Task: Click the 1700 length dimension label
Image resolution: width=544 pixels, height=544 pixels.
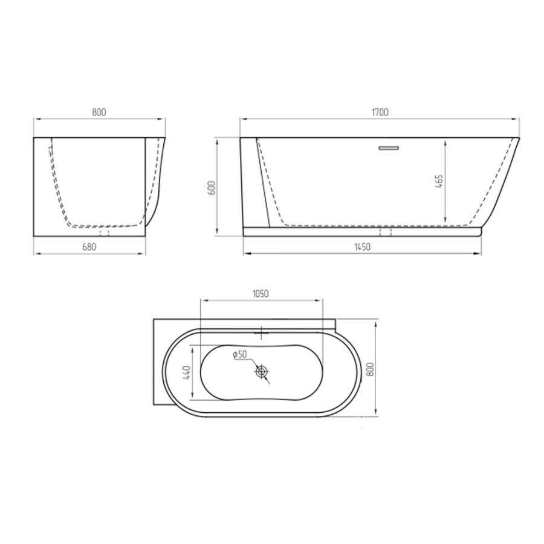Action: click(381, 112)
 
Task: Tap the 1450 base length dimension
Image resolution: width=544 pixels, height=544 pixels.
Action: click(362, 247)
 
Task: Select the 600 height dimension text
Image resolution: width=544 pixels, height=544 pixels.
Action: click(213, 188)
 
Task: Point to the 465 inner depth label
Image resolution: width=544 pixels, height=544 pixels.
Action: click(439, 181)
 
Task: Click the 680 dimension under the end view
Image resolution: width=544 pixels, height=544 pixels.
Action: click(89, 247)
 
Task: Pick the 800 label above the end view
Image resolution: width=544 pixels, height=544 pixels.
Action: click(99, 112)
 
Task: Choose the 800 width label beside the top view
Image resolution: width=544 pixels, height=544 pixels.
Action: click(369, 370)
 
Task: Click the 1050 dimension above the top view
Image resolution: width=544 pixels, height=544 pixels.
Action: click(260, 294)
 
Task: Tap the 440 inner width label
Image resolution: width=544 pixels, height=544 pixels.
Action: click(187, 372)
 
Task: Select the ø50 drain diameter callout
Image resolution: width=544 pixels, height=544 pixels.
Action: click(240, 354)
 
